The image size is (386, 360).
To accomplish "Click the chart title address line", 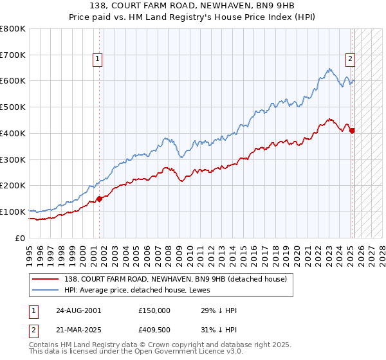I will (x=193, y=6).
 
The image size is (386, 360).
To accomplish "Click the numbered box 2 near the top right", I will (x=351, y=59).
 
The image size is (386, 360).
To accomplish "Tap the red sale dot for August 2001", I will (x=100, y=199).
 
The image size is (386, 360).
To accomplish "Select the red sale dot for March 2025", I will (x=352, y=130).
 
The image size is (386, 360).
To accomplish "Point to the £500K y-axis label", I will (x=13, y=107).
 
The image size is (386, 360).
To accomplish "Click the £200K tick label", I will (x=13, y=186).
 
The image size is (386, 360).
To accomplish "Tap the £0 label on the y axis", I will (x=21, y=238).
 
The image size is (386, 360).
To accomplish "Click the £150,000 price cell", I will (x=154, y=310).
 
